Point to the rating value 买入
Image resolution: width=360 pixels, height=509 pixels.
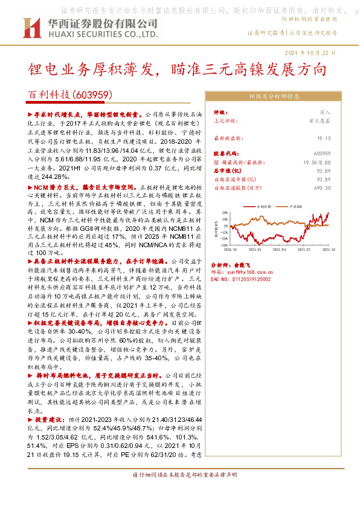pyautogui.click(x=325, y=112)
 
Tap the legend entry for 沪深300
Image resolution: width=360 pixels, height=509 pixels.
pyautogui.click(x=303, y=207)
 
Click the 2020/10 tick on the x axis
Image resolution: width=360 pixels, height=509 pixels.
pyautogui.click(x=230, y=248)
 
